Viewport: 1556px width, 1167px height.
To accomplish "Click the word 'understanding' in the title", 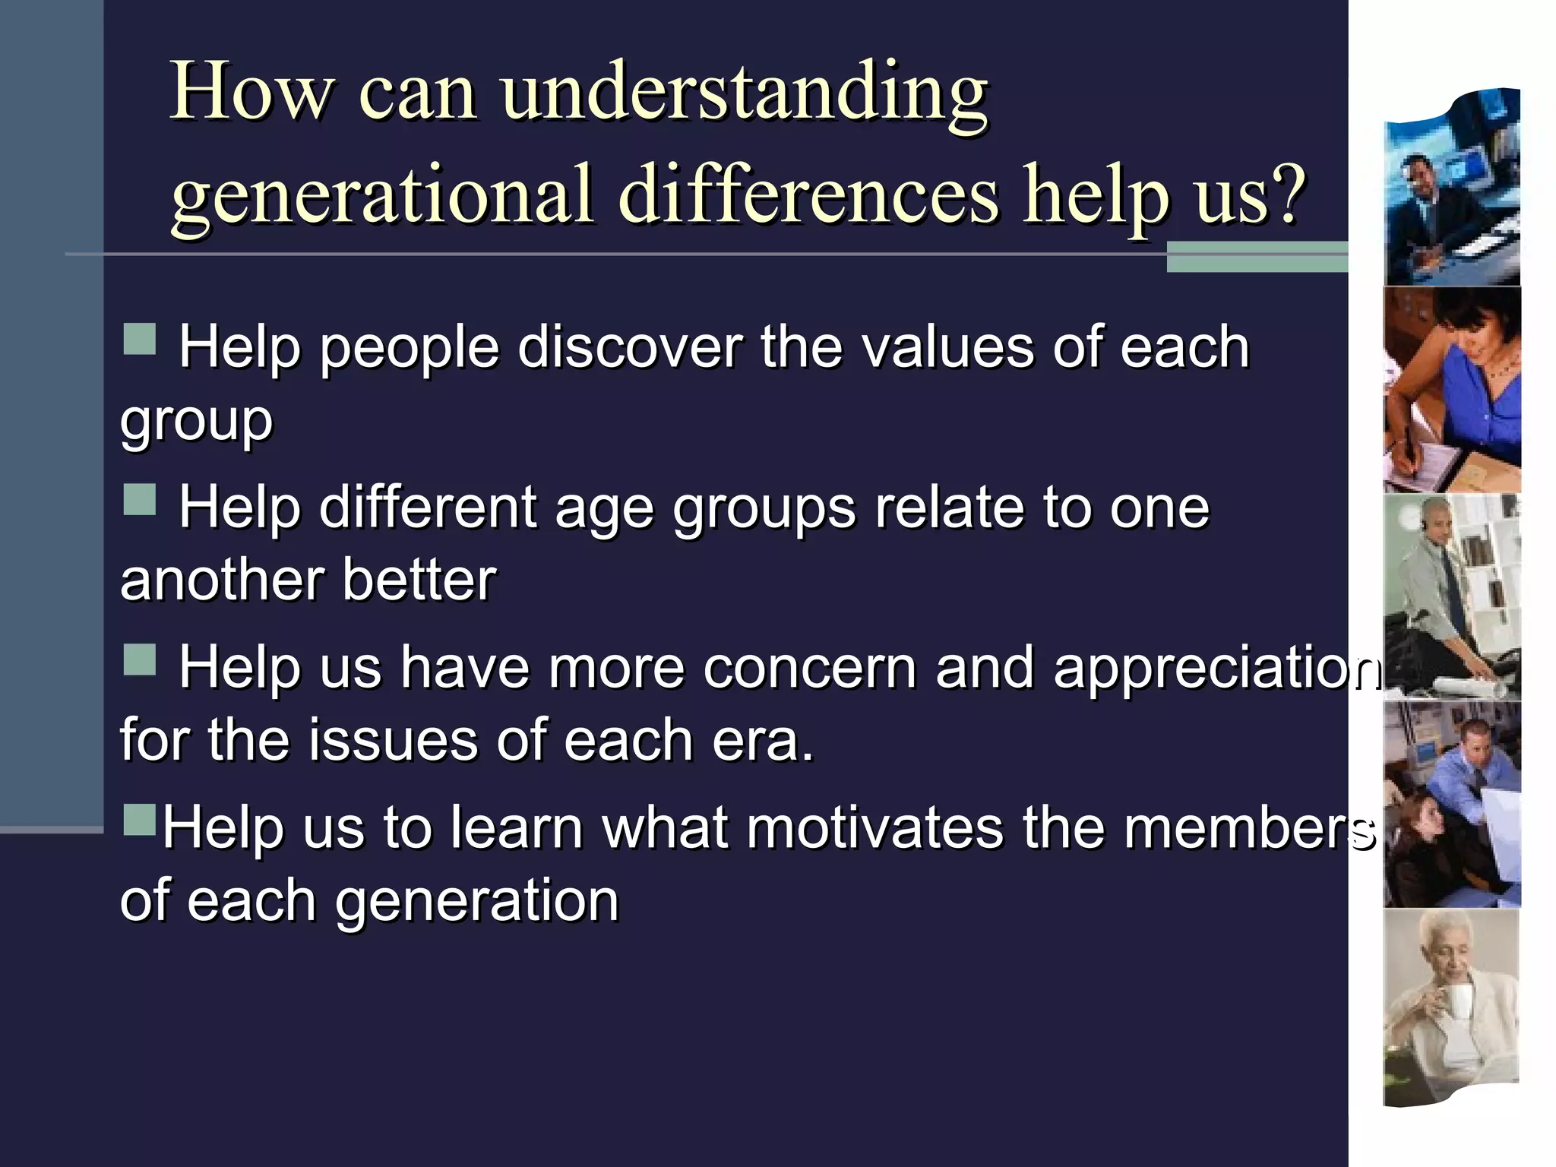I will tap(745, 95).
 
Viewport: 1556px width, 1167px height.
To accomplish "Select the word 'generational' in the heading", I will tap(381, 195).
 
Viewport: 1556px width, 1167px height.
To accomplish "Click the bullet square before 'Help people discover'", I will tap(140, 340).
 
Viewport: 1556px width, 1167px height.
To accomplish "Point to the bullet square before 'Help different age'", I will tap(140, 500).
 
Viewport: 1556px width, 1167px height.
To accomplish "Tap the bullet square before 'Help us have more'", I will tap(140, 659).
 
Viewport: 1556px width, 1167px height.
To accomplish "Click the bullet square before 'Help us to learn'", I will tap(140, 820).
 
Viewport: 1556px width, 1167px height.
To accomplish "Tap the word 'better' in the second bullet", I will tap(419, 580).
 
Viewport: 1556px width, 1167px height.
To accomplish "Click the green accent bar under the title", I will tap(1257, 257).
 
